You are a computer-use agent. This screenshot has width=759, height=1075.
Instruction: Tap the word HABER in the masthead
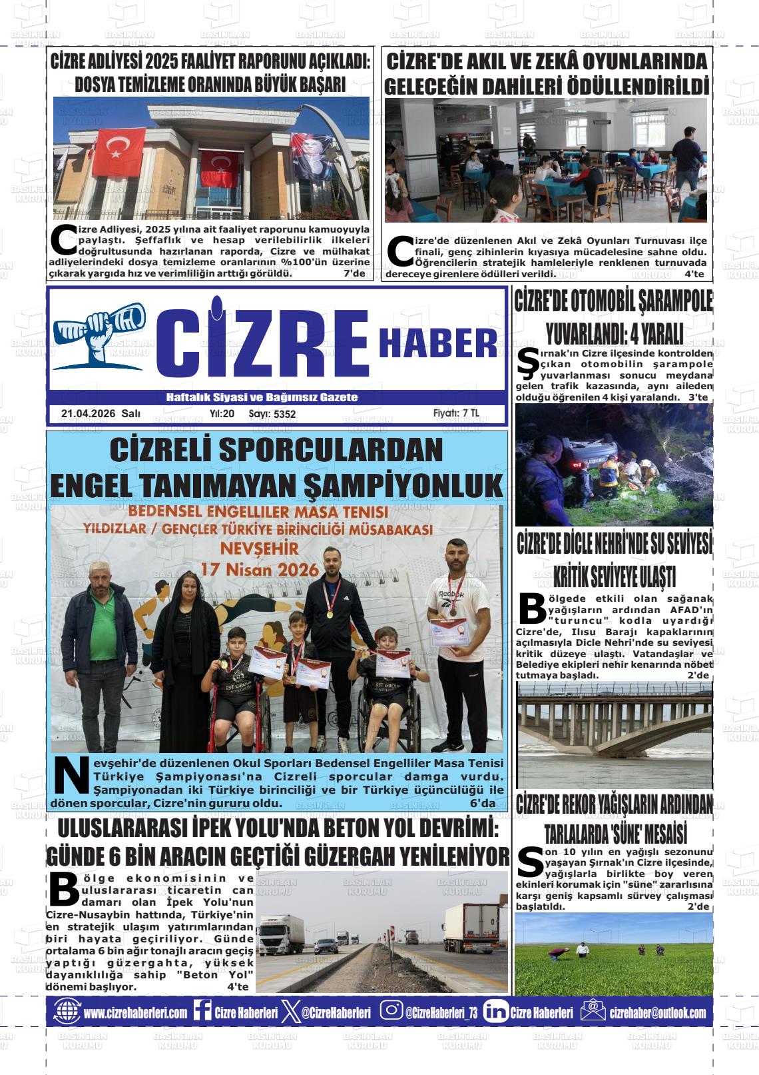point(437,344)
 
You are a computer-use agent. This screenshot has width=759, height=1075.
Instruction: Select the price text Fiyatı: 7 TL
point(455,413)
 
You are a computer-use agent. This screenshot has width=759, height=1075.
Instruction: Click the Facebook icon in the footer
point(202,1012)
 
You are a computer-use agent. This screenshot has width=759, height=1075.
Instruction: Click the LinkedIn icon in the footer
point(495,1012)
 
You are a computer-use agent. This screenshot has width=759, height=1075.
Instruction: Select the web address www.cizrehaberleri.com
point(135,1012)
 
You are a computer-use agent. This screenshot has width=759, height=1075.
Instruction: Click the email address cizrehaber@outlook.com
point(657,1012)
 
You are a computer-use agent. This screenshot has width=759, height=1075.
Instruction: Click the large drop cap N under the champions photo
point(71,776)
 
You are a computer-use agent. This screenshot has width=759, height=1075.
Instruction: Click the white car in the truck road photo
point(326,946)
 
